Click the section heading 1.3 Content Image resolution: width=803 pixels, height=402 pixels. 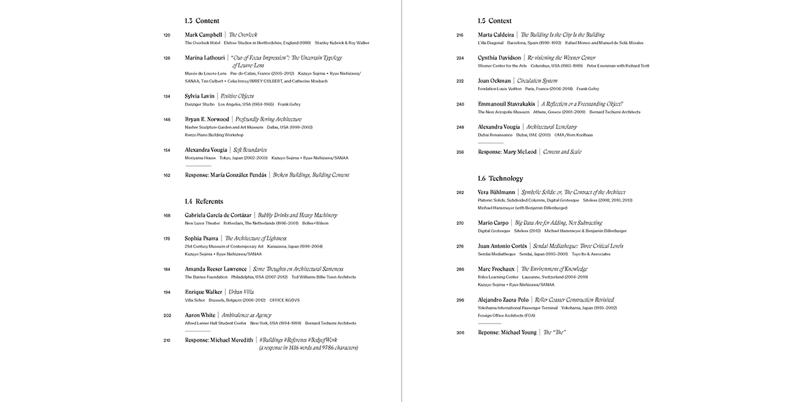(x=202, y=21)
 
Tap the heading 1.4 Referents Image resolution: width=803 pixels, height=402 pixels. (x=204, y=201)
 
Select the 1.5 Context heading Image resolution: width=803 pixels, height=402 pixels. (x=494, y=21)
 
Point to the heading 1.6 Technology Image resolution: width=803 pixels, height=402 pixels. (x=500, y=178)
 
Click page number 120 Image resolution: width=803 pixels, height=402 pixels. (x=166, y=35)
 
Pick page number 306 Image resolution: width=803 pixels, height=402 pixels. (x=460, y=332)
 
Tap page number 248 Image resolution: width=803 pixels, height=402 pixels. (x=460, y=128)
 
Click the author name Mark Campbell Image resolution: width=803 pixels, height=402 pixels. (x=203, y=35)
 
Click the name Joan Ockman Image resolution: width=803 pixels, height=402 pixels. (x=494, y=81)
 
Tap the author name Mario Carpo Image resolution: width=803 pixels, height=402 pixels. (x=494, y=223)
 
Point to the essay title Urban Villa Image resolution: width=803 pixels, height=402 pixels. (x=241, y=292)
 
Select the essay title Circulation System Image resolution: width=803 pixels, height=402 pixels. (x=537, y=81)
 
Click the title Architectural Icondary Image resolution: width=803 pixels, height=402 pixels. (x=551, y=128)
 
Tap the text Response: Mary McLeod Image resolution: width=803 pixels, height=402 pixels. (x=507, y=152)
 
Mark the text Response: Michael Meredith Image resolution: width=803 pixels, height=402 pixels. (x=219, y=340)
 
